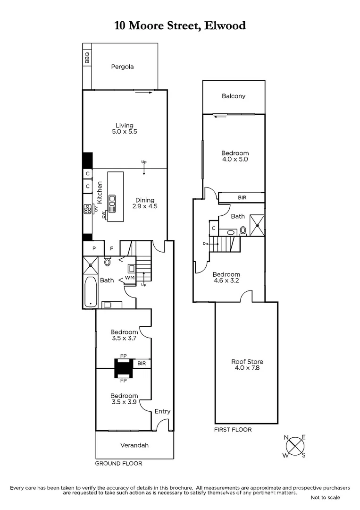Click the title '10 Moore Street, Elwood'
(x=180, y=25)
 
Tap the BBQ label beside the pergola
(x=87, y=58)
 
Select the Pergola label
(x=122, y=67)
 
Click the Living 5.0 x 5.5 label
(x=125, y=128)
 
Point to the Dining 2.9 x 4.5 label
(x=145, y=203)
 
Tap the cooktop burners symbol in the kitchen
(x=87, y=209)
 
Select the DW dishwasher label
(x=103, y=215)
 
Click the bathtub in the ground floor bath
(x=89, y=291)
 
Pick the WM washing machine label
(x=130, y=278)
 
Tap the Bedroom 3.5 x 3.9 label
(x=124, y=399)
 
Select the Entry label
(x=162, y=411)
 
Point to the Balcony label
(x=234, y=96)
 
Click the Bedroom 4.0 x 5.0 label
(x=235, y=156)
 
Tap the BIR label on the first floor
(x=242, y=197)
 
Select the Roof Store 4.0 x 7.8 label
(x=246, y=365)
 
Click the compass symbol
(x=295, y=446)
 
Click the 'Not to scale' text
(x=325, y=497)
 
